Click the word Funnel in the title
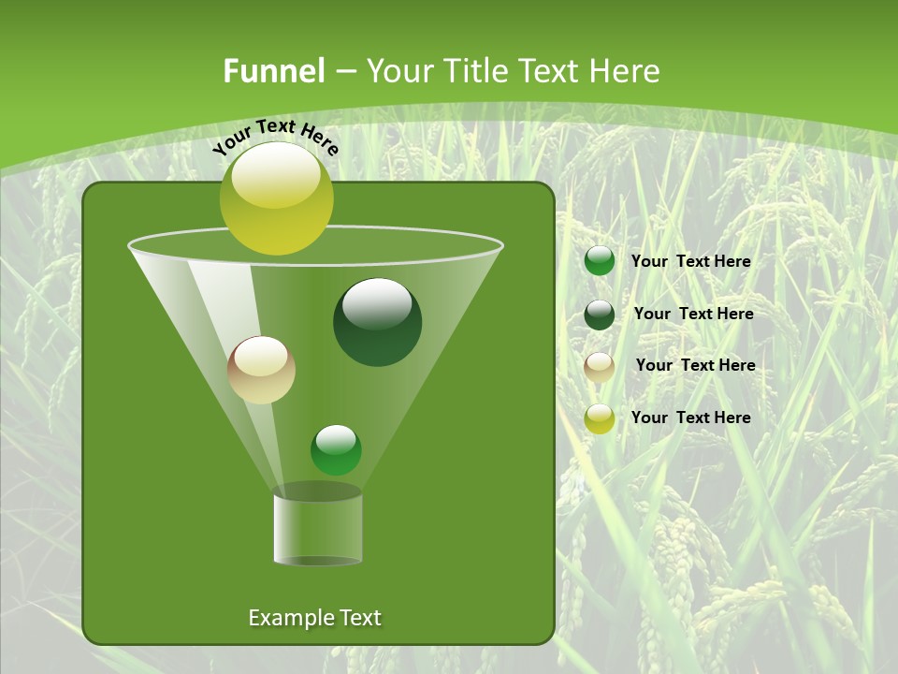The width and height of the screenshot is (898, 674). click(274, 71)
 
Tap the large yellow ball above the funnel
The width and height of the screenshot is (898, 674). click(276, 199)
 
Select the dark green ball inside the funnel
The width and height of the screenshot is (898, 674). click(377, 322)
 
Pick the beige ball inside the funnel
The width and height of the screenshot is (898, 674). click(261, 370)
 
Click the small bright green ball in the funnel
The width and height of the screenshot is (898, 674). click(336, 449)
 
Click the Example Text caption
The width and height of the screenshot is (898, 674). click(314, 618)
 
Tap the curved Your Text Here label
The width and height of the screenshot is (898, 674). click(275, 137)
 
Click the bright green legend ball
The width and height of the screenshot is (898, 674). click(600, 261)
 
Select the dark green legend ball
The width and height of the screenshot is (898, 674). click(600, 315)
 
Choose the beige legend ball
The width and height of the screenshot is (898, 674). click(600, 367)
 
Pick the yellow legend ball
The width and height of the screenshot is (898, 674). click(600, 418)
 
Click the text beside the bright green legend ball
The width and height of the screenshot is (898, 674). click(690, 261)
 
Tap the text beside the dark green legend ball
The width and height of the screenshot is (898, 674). click(693, 314)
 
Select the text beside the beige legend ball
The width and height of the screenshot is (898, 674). click(695, 365)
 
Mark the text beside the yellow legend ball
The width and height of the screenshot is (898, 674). click(690, 418)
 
